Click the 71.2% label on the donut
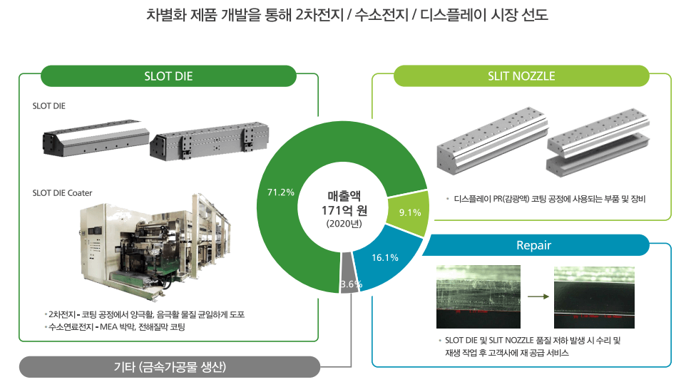click(x=280, y=192)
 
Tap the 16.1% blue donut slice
click(x=386, y=257)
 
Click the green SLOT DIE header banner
click(x=168, y=76)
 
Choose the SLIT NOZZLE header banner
click(x=521, y=76)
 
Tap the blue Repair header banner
click(x=534, y=246)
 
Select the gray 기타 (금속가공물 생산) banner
click(x=169, y=367)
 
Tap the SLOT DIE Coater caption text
click(x=63, y=192)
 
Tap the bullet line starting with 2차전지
click(x=145, y=314)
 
